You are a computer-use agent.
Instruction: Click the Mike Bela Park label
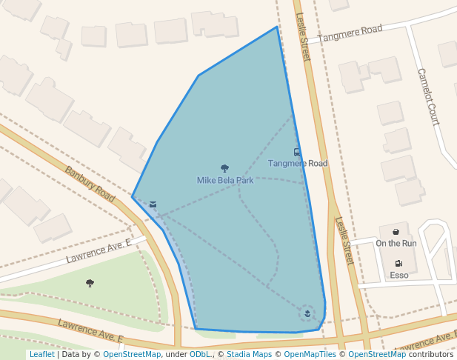225,180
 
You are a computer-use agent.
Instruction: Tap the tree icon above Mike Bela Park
225,169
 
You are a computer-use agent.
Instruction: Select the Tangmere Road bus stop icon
297,153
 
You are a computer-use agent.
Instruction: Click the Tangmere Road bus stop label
297,163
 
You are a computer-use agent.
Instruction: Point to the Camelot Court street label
428,96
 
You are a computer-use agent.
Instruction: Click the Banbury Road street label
90,184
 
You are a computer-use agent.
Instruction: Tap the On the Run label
396,243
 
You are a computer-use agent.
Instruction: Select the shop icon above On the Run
396,233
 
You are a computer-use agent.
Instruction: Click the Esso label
398,276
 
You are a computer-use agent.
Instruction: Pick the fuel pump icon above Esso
398,264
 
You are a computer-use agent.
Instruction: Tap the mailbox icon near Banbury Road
153,204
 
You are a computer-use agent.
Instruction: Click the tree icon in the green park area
90,283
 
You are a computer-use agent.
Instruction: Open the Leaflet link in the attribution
41,354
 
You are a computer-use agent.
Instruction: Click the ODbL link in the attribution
200,354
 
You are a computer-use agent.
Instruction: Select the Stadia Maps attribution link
249,354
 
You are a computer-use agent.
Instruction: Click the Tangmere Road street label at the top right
350,33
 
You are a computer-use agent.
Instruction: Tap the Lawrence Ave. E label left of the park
99,251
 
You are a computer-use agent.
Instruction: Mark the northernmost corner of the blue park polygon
277,27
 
